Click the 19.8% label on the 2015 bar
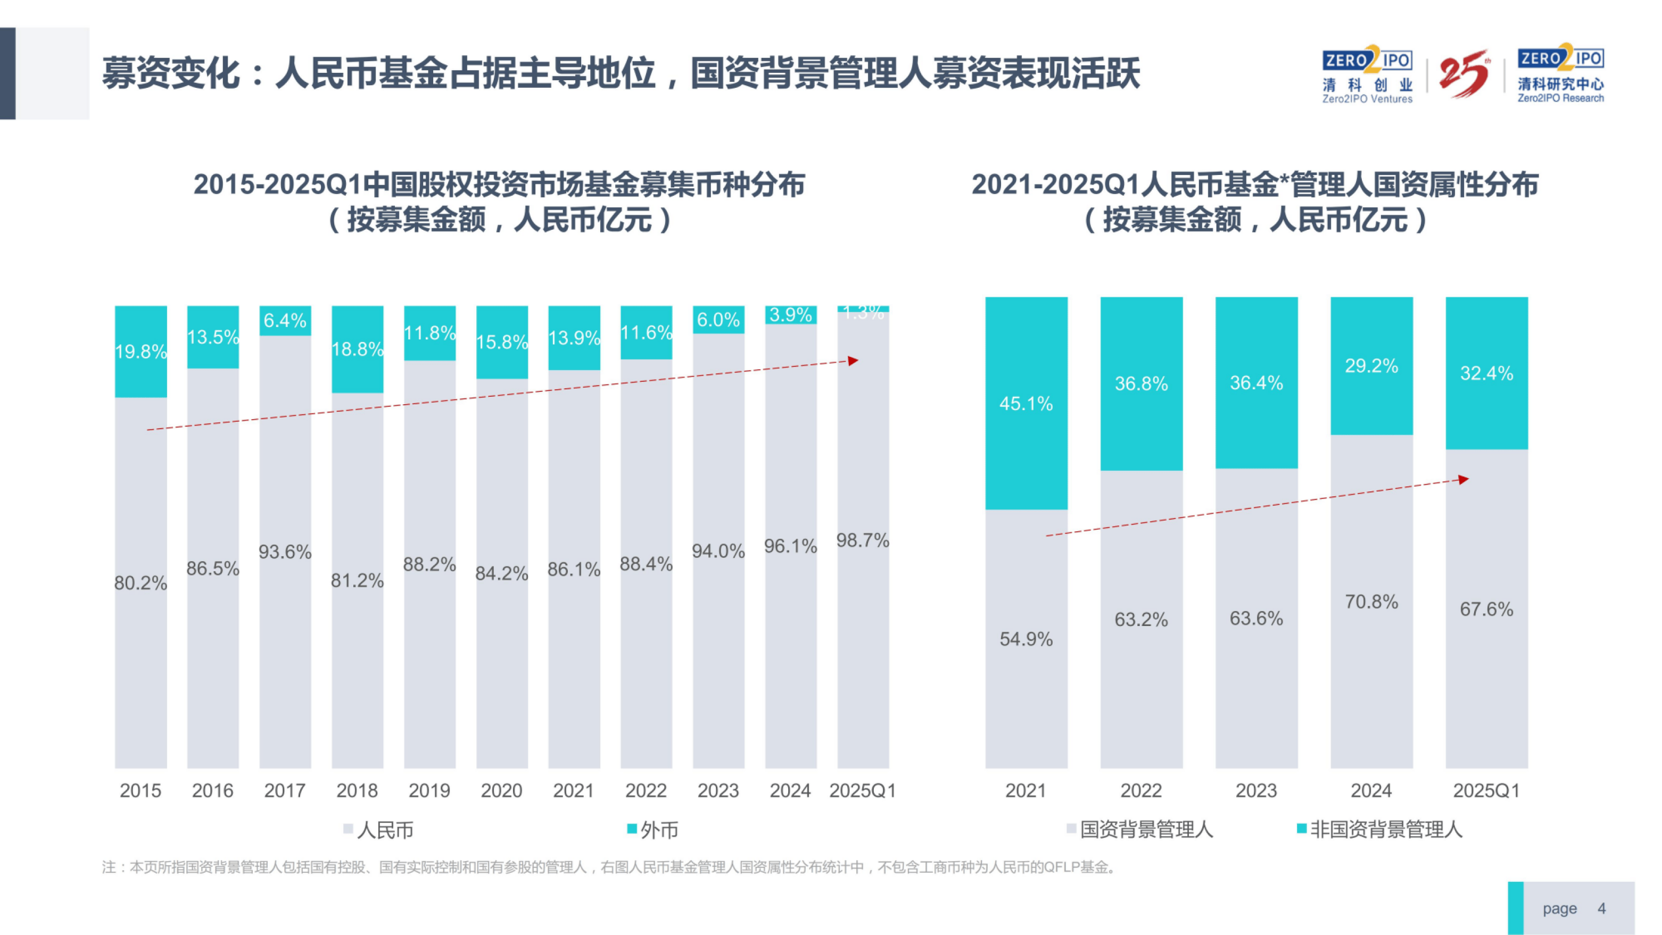pos(140,352)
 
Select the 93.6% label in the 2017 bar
pos(285,552)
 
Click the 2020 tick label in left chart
pos(501,790)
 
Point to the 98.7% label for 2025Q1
pos(863,540)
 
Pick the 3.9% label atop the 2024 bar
pos(790,315)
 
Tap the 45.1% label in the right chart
pos(1026,404)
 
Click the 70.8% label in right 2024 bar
pos(1371,602)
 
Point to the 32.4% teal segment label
pos(1486,373)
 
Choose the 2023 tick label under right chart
pos(1255,790)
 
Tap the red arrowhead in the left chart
pos(854,361)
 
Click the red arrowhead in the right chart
pos(1464,479)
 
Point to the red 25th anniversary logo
pos(1464,73)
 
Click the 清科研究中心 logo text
pos(1560,85)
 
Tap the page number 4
pos(1601,908)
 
